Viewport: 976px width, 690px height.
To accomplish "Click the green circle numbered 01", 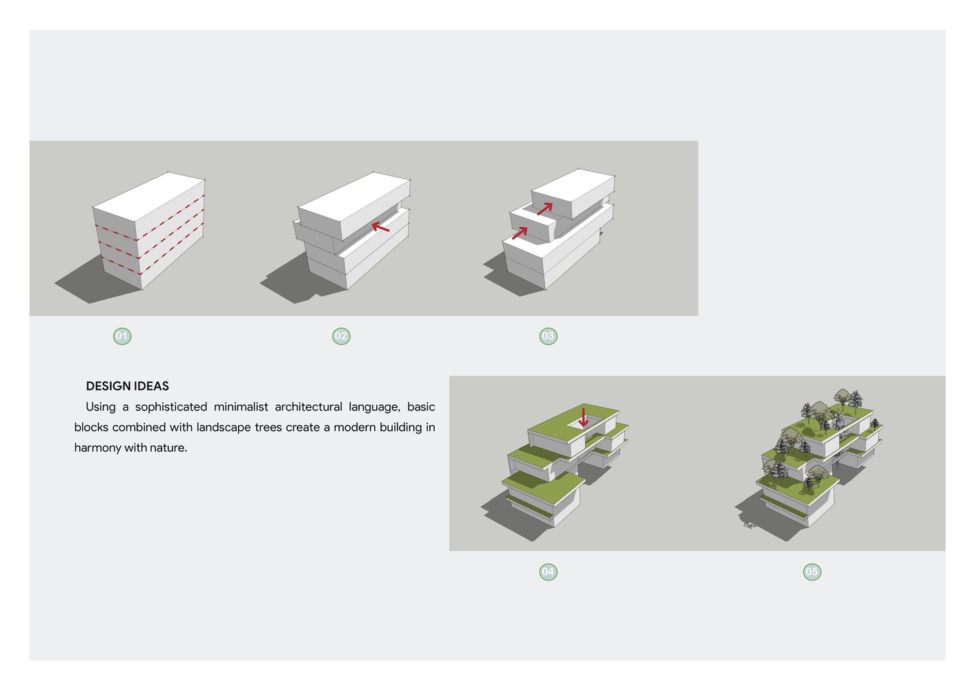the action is (122, 336).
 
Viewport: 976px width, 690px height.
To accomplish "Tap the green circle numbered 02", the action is (341, 336).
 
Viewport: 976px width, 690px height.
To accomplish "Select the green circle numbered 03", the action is (548, 336).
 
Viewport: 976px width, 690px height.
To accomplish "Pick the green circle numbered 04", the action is (548, 571).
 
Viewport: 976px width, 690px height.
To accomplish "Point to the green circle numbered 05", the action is (812, 571).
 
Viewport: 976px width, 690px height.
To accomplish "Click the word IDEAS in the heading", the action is (152, 386).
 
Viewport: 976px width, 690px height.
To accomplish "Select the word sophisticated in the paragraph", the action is (170, 407).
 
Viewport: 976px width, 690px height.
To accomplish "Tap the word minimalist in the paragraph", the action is (240, 407).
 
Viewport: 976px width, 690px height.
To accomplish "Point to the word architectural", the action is (309, 407).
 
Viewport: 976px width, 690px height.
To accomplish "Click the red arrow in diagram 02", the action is (380, 227).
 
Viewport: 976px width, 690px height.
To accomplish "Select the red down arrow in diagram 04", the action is (583, 417).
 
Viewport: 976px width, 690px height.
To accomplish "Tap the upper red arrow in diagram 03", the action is (545, 208).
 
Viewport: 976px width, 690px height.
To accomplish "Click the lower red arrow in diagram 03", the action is (520, 233).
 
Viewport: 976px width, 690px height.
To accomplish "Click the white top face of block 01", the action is (148, 197).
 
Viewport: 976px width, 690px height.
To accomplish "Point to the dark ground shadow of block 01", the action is (94, 281).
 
